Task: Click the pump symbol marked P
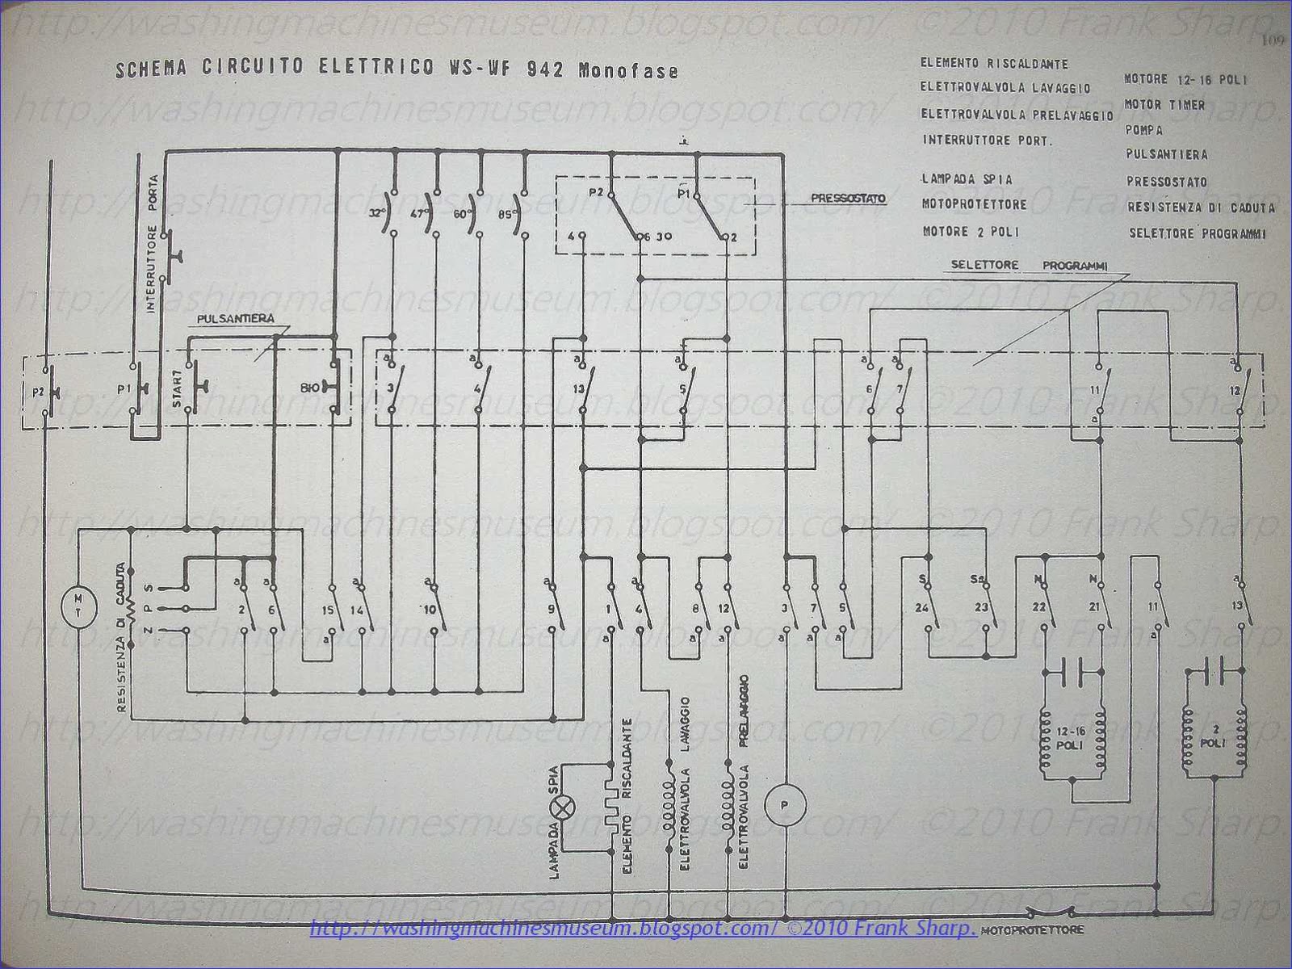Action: tap(786, 802)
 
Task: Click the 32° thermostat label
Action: tap(375, 215)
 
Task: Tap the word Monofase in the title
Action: tap(628, 71)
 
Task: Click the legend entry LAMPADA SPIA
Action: tap(966, 179)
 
